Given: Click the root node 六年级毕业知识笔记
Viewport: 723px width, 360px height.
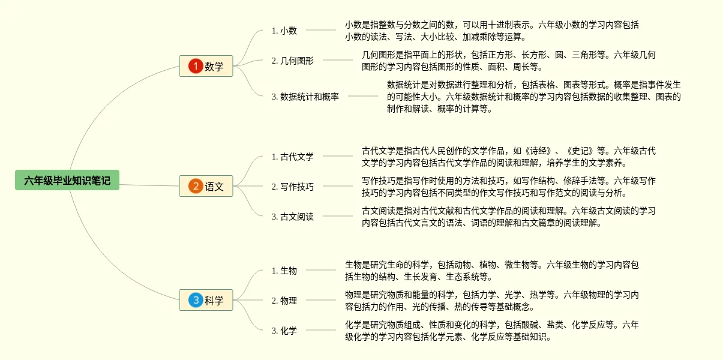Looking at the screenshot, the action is click(x=67, y=180).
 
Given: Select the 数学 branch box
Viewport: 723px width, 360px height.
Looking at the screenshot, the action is click(x=206, y=66).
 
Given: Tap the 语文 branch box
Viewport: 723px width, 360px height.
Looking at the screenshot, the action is click(x=206, y=186).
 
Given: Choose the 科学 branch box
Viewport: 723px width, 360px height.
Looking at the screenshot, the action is click(x=206, y=300).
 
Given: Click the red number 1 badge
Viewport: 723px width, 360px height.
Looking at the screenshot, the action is click(x=196, y=66).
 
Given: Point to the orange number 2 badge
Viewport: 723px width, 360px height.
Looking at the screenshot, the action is click(x=196, y=186).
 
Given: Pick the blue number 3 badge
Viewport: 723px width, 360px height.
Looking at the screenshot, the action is click(x=196, y=300).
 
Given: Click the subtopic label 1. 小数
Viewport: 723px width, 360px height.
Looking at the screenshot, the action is click(x=284, y=31).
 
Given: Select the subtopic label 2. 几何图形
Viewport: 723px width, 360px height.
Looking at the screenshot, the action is click(x=293, y=61).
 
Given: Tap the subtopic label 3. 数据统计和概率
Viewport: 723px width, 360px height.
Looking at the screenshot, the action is click(x=305, y=96).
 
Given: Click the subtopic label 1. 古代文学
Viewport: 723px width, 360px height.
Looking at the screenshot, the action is click(x=293, y=157).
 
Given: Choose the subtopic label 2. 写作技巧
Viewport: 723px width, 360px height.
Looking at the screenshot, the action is click(x=293, y=187).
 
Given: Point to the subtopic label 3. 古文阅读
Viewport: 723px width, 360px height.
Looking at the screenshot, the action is click(x=293, y=217).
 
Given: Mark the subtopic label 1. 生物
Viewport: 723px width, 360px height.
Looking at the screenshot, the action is click(x=284, y=271).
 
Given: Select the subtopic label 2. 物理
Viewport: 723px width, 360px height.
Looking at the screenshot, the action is click(x=284, y=301).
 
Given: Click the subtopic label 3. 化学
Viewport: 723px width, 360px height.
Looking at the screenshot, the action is click(x=284, y=331).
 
